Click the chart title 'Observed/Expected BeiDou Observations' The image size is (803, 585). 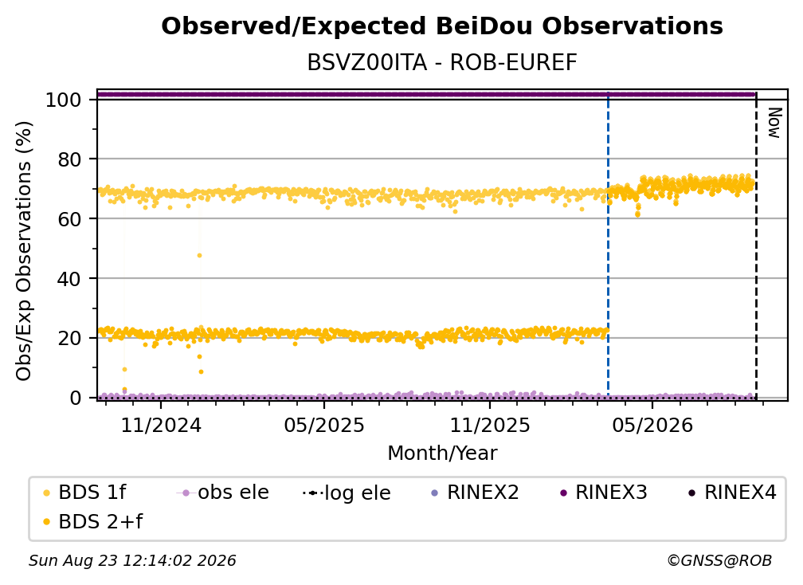coord(442,26)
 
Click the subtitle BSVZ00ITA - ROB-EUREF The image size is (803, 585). coord(442,63)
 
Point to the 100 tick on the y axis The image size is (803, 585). coord(64,100)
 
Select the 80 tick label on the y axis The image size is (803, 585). coord(69,159)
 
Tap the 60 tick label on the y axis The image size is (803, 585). coord(69,219)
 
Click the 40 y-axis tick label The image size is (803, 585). coord(69,279)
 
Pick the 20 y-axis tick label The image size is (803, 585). coord(69,339)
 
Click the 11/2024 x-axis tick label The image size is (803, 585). coord(161,425)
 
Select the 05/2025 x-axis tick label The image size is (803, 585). coord(324,425)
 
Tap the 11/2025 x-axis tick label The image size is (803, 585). coord(490,425)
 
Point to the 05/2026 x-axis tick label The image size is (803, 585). coord(652,425)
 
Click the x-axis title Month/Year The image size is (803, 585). coord(442,453)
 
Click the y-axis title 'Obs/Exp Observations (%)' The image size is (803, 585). coord(24,251)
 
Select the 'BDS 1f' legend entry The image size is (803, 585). coord(85,493)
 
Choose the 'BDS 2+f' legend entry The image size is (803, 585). coord(93,521)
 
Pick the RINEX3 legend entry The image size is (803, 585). coord(605,493)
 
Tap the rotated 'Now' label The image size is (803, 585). coord(774,123)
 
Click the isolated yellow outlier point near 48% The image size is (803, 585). coord(199,255)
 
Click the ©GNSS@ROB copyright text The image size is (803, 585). coord(719,560)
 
